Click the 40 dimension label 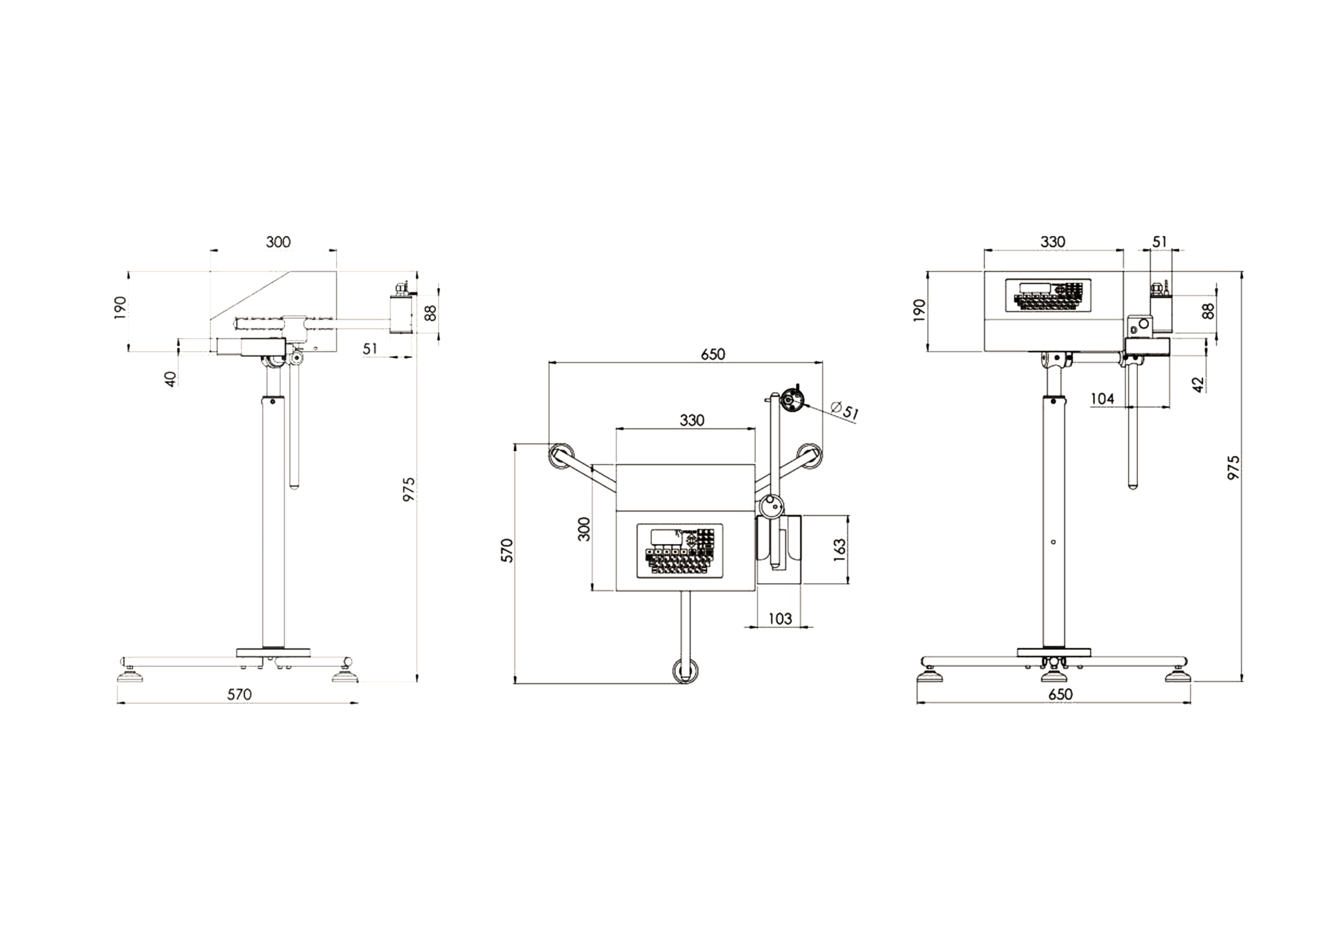coord(170,379)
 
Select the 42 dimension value coord(1199,384)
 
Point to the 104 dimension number coord(1102,398)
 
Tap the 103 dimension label coord(780,618)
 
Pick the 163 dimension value coord(839,550)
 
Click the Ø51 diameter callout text coord(845,411)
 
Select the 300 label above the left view coord(278,242)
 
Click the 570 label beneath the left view coord(239,694)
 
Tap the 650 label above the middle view coord(712,354)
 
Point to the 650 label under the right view coord(1061,694)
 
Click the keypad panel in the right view coord(1048,296)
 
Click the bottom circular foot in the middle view coord(686,671)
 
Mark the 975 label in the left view coord(409,489)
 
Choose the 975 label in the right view coord(1233,467)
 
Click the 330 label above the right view coord(1053,242)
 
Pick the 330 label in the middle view coord(692,420)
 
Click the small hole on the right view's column coord(1053,541)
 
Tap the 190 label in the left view coord(120,308)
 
